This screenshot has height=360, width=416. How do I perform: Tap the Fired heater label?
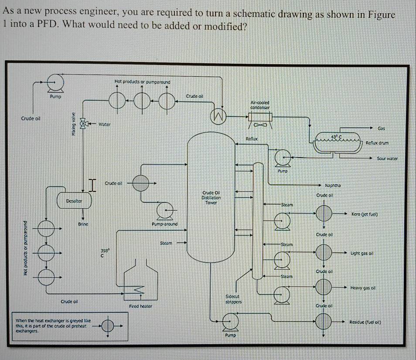140,307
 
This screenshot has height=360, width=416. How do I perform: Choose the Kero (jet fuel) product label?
364,214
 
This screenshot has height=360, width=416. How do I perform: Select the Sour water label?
387,158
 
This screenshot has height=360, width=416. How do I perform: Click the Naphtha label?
333,186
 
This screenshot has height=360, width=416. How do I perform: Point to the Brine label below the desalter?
83,224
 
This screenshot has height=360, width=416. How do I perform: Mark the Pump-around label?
164,224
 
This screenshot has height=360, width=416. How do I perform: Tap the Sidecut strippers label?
234,299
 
